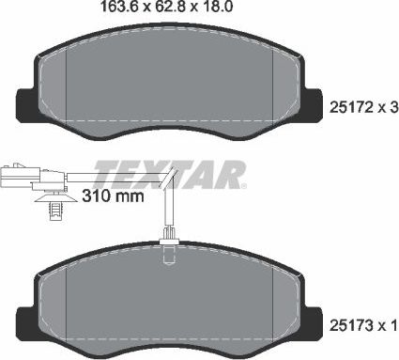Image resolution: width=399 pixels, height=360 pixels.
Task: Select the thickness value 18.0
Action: coord(217,8)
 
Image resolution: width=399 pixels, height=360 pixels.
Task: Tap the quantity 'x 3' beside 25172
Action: coord(390,109)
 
